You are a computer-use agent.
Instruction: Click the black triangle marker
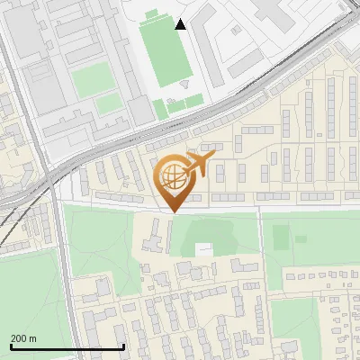181,24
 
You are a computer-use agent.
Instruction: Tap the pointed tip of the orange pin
171,211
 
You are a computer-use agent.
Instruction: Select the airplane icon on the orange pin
198,164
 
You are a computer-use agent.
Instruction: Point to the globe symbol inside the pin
171,178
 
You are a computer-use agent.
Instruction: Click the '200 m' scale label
23,337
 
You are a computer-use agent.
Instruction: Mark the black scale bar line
67,346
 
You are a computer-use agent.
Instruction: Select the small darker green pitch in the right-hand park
280,237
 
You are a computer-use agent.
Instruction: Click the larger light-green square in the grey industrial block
91,81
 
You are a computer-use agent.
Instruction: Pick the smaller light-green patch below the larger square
109,104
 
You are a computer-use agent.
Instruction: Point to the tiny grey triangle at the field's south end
184,84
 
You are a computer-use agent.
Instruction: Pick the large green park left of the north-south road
27,297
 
